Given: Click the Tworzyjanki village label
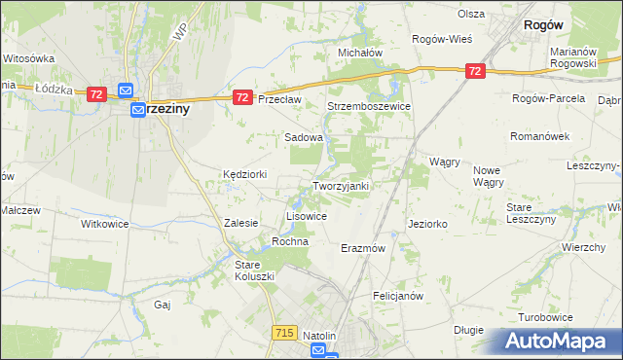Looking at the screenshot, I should [x=340, y=186].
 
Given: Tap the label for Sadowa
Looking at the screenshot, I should [x=303, y=138].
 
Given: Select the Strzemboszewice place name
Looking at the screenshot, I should [x=368, y=106].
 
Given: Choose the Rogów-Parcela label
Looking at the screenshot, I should [x=548, y=99].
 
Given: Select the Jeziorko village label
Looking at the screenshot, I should [x=427, y=224].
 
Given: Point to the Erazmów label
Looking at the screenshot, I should [x=363, y=248].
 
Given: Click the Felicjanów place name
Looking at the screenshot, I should [x=396, y=295].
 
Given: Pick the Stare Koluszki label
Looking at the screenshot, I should [x=255, y=270].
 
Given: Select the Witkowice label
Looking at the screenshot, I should [x=104, y=224].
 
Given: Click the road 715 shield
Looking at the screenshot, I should [x=284, y=333].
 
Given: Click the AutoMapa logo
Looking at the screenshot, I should [x=559, y=342].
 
